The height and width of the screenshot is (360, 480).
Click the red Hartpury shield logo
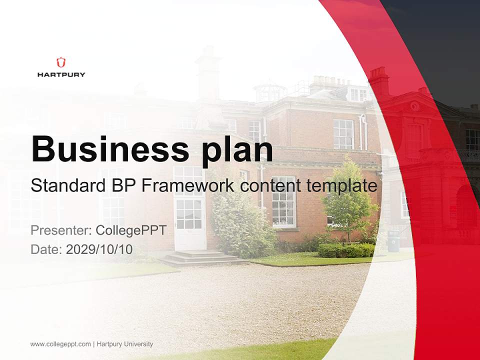pos(61,62)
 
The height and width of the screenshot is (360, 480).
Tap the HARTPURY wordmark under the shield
pos(61,74)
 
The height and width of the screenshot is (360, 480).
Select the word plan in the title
pos(237,149)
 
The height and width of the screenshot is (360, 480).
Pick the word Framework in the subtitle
pos(188,186)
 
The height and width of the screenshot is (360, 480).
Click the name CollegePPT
pos(130,230)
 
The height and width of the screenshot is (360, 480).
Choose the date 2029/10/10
pos(99,249)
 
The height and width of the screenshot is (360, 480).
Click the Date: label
pos(46,249)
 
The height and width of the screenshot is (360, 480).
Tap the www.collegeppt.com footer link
pos(60,344)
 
